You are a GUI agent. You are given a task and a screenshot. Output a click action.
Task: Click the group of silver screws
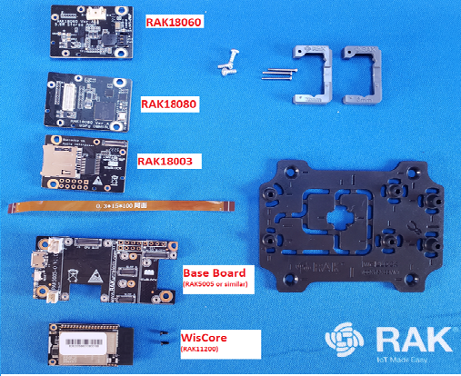point(227,60)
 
